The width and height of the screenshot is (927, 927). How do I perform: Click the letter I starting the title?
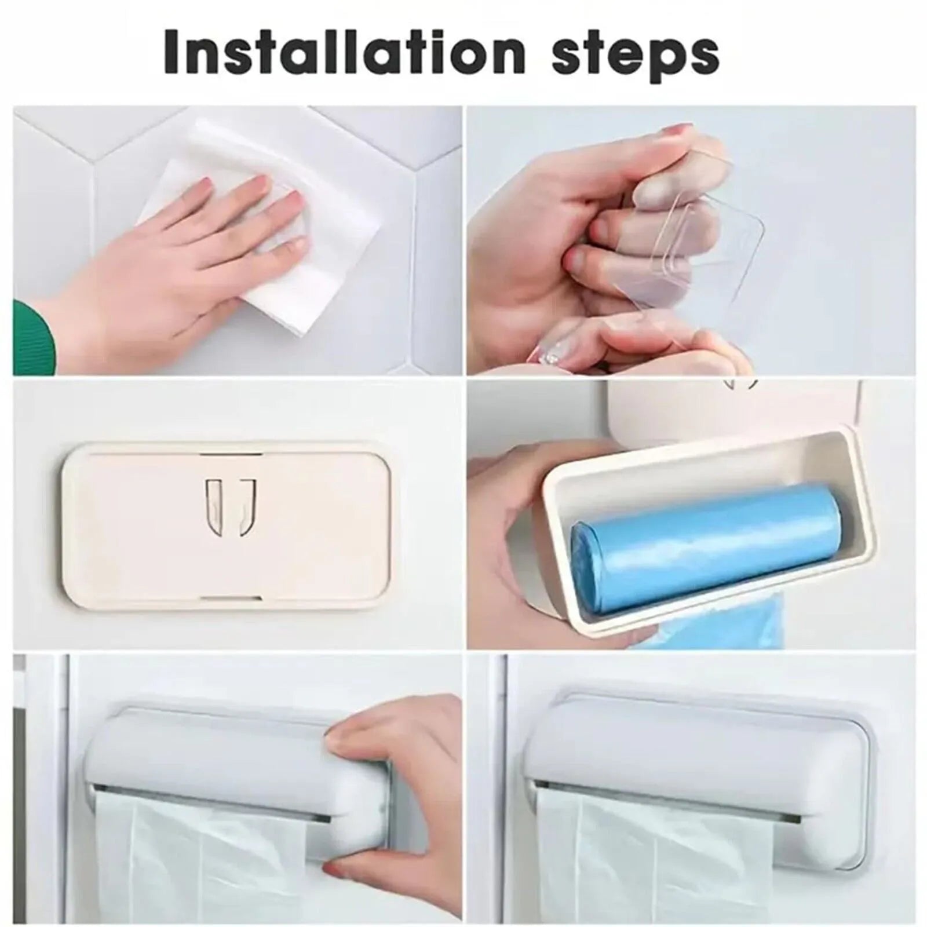(x=173, y=53)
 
